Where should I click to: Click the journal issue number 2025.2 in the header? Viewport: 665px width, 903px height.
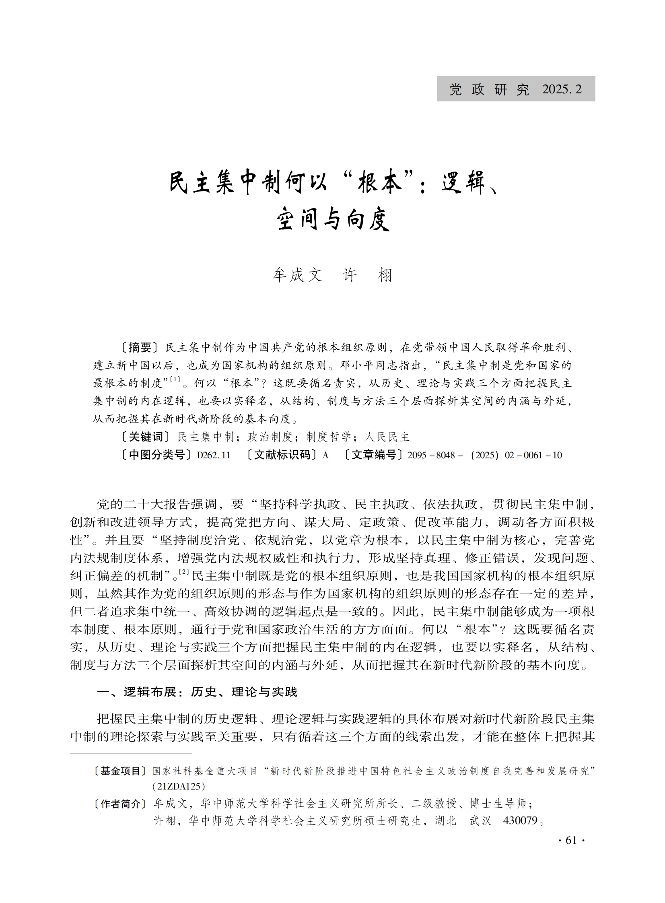tap(562, 89)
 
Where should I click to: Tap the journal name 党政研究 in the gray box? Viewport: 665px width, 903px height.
tap(489, 89)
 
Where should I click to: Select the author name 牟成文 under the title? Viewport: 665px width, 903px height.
tap(297, 275)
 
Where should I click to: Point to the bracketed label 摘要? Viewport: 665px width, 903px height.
tap(140, 347)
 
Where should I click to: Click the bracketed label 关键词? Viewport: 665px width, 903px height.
tap(146, 437)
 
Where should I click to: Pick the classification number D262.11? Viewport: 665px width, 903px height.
tap(213, 456)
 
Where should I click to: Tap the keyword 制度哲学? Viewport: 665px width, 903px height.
tap(328, 437)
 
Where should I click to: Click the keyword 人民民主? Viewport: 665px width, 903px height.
tap(387, 437)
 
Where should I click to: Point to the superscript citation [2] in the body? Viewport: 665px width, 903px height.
tap(184, 572)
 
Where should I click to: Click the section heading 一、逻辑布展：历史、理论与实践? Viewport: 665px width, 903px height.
tap(197, 692)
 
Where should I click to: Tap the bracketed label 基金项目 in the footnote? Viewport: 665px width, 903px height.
tap(119, 771)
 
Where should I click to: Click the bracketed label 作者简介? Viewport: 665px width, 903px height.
tap(119, 804)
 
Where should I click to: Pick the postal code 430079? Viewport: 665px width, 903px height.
tap(520, 821)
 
